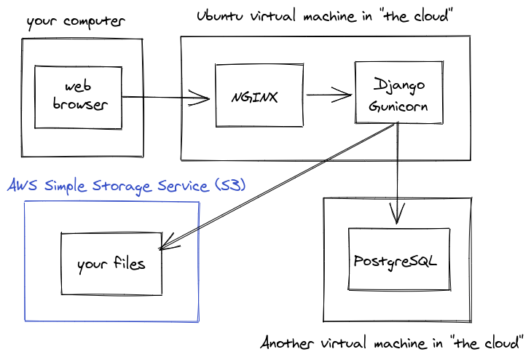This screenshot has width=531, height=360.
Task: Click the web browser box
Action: pos(78,96)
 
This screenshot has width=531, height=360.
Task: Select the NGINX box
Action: pos(259,95)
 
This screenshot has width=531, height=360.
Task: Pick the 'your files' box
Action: pos(111,264)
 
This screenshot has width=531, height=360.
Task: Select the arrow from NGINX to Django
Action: pos(329,94)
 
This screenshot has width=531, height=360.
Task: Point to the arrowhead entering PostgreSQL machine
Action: pos(397,214)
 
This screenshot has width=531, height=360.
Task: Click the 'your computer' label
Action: pos(75,20)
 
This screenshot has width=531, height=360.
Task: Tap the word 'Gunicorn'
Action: pos(397,106)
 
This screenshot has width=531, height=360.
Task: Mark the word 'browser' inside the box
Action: pos(81,104)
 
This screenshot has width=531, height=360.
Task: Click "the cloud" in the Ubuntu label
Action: pos(430,16)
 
